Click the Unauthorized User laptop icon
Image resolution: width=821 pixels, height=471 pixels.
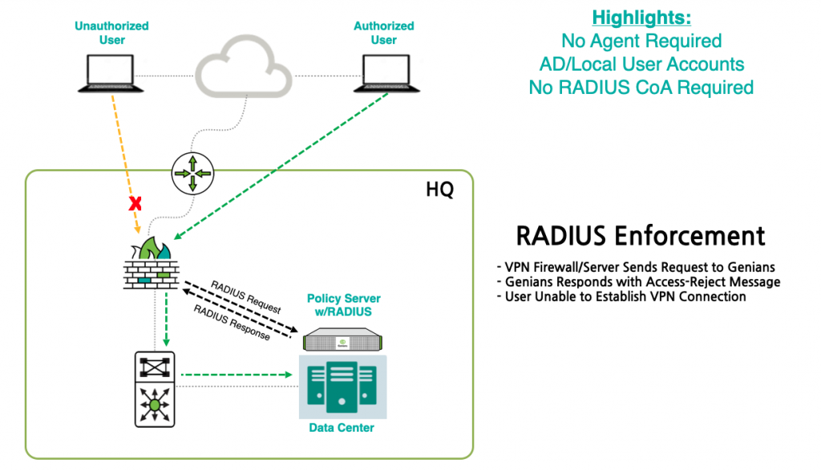(x=111, y=73)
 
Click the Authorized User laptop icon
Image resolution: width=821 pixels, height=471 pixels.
(x=386, y=73)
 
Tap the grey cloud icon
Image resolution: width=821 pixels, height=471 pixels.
(x=244, y=67)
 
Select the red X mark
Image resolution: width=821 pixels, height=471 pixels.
(x=135, y=203)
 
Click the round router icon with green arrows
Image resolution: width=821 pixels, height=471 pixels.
(x=192, y=173)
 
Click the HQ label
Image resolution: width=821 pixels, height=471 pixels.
(x=440, y=189)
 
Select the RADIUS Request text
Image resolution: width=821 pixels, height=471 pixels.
(x=245, y=297)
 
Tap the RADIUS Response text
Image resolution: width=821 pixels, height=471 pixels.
(x=232, y=323)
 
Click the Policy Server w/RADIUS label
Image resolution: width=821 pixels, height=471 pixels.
(x=343, y=305)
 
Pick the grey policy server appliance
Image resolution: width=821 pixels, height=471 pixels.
(x=342, y=339)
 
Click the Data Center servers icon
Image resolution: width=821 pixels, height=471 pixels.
(x=342, y=387)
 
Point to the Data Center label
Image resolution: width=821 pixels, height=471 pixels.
(x=342, y=428)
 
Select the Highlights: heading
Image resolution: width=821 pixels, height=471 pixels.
(x=641, y=18)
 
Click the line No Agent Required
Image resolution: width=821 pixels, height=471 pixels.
(x=641, y=41)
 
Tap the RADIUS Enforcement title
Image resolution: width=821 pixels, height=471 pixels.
(x=641, y=236)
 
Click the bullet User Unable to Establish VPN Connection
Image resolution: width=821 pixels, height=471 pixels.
(x=621, y=297)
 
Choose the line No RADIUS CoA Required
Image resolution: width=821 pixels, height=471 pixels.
(x=641, y=87)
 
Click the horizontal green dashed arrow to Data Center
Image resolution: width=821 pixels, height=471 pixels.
(x=237, y=375)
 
